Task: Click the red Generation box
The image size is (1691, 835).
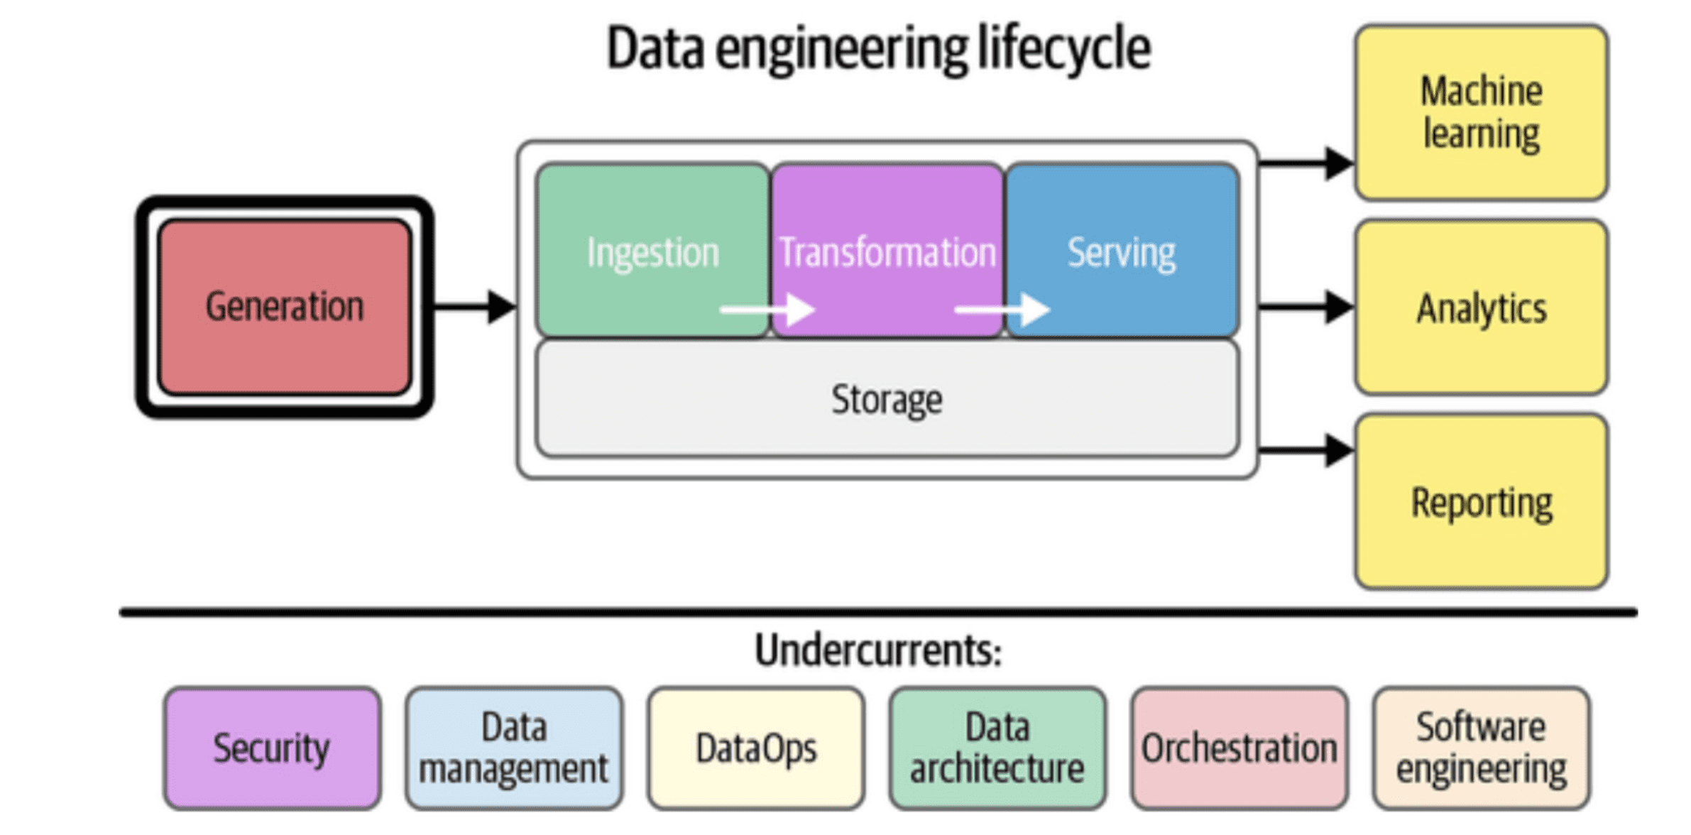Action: click(285, 307)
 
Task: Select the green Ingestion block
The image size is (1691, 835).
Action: click(652, 250)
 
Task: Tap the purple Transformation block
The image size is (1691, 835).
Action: click(887, 250)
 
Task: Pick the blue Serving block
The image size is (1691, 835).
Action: click(1122, 250)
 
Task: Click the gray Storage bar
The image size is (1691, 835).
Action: click(887, 398)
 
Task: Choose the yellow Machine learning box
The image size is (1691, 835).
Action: click(1481, 113)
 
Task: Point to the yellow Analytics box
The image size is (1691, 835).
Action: click(1481, 307)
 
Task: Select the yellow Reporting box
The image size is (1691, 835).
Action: click(1481, 502)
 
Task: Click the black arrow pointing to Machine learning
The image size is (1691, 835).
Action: click(1306, 163)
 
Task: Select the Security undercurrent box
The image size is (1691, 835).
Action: click(272, 748)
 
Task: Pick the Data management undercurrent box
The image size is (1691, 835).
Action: click(514, 748)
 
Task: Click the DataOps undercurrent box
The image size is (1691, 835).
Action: click(756, 748)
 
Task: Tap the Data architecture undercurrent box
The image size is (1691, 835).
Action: click(997, 748)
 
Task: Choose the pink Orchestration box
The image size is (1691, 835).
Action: click(1239, 748)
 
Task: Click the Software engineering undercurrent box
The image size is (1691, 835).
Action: click(1482, 748)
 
